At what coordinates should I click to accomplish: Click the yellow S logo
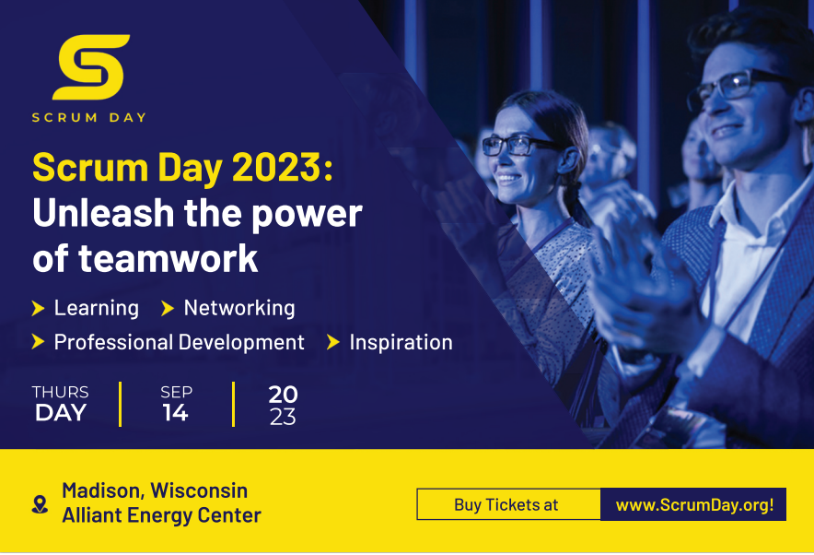point(91,66)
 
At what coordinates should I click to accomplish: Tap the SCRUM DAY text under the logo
point(88,117)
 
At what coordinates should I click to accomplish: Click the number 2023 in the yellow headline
point(276,168)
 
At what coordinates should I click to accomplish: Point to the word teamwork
point(169,259)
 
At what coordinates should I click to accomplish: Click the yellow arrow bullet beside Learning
point(38,308)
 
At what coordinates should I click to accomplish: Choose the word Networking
point(239,308)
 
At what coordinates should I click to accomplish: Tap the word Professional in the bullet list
point(113,342)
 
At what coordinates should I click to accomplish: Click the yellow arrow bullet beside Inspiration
point(332,342)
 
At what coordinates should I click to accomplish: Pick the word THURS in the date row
point(60,392)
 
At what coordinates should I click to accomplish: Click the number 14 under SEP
point(176,413)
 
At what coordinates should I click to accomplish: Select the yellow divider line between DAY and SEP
point(121,405)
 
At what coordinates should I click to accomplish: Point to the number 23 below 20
point(283,417)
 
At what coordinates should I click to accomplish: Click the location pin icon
point(40,504)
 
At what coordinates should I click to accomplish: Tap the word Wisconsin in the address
point(199,490)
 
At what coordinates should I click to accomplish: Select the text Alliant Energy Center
point(161,515)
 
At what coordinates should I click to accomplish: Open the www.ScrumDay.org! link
point(694,504)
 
